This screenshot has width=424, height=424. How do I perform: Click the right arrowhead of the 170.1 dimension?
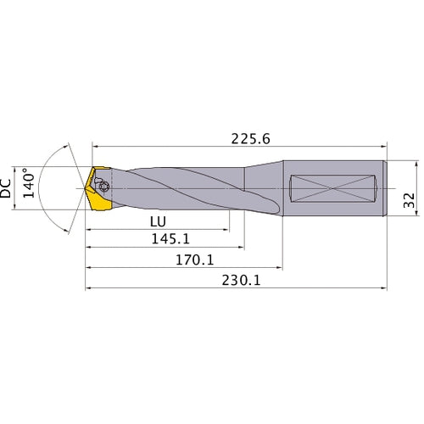[x=282, y=270]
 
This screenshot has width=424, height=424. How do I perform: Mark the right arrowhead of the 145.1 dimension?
[x=244, y=249]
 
